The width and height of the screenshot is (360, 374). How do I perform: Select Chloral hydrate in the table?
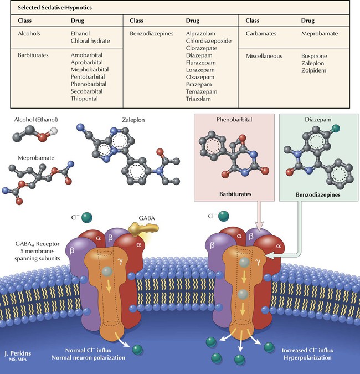click(90, 41)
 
